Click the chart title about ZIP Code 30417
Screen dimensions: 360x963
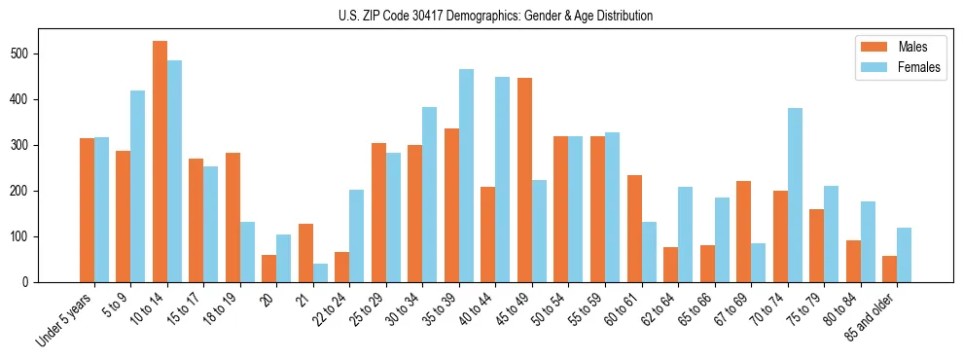tap(481, 16)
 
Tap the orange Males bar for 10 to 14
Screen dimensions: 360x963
tap(160, 162)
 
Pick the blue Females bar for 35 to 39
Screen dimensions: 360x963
tap(466, 176)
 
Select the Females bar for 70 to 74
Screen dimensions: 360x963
tap(795, 195)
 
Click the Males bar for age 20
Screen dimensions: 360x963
tap(269, 269)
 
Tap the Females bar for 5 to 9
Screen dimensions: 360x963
tap(138, 186)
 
